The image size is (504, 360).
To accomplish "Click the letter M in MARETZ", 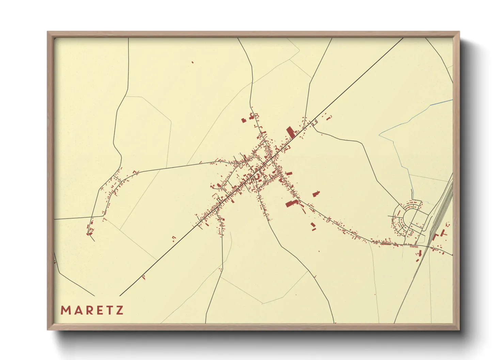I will [65, 310].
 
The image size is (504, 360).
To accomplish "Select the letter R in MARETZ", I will [88, 310].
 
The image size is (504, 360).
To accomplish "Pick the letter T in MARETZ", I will [109, 310].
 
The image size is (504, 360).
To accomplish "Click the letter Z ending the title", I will [119, 310].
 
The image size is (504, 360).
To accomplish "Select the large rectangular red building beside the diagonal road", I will [290, 132].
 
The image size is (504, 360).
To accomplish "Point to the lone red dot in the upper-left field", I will [192, 62].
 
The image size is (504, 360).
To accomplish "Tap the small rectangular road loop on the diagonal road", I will [314, 121].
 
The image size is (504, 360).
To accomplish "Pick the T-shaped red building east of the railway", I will [443, 233].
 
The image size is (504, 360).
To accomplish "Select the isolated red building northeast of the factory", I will [316, 194].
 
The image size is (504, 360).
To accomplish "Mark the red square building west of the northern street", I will [243, 120].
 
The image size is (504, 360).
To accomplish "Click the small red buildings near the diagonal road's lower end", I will [143, 278].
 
